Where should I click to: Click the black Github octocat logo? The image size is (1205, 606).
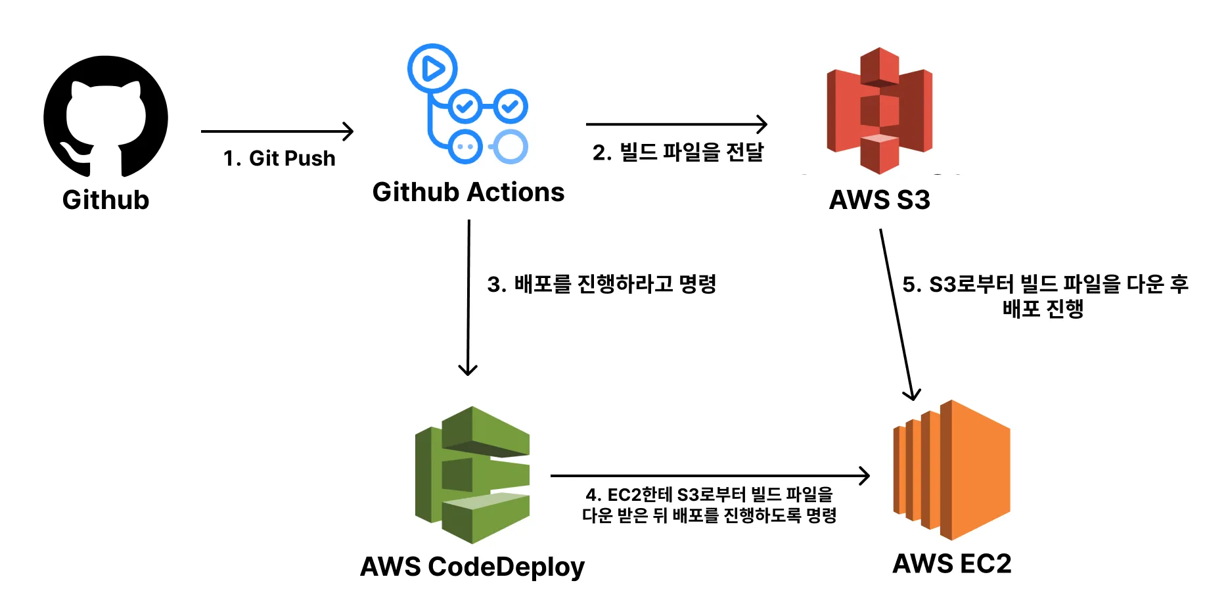[105, 116]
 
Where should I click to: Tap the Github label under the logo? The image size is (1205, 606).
[106, 200]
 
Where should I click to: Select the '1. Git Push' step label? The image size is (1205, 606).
[279, 158]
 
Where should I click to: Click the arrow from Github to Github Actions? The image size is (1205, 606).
[276, 131]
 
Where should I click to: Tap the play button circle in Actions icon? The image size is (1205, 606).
[432, 68]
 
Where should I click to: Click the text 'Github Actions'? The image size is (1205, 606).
[468, 193]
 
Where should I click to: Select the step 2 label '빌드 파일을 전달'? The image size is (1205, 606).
[678, 152]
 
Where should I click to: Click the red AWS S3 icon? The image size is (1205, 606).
[879, 110]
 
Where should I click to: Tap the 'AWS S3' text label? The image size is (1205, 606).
[879, 200]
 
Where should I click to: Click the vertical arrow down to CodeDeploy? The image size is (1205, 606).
[468, 296]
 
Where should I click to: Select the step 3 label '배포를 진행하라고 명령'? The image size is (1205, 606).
[601, 284]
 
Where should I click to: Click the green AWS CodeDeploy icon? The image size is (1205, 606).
[472, 475]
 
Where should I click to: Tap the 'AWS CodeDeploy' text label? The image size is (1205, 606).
[472, 567]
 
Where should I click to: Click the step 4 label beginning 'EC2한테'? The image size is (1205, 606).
[710, 505]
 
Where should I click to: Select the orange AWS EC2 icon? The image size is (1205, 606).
[951, 470]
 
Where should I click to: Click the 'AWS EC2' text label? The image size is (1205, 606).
[951, 564]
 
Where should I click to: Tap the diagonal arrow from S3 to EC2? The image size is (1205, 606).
[896, 314]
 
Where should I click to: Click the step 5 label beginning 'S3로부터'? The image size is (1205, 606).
[1045, 296]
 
